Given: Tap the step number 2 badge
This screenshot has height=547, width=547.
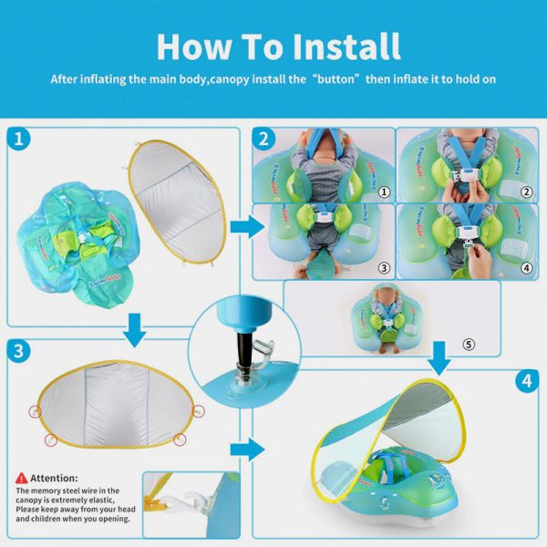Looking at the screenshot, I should point(264,139).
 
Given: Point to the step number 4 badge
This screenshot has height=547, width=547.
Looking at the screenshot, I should point(525,381).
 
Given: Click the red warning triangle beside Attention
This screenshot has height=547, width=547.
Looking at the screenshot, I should point(21,478).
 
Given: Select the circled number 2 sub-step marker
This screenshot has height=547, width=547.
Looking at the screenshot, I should point(526,192).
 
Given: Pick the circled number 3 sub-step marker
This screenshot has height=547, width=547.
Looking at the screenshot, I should point(384,268).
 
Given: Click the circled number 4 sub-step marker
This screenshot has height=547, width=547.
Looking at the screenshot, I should point(526,268).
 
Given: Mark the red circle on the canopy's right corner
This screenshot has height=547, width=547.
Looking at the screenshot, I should point(180,439).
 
